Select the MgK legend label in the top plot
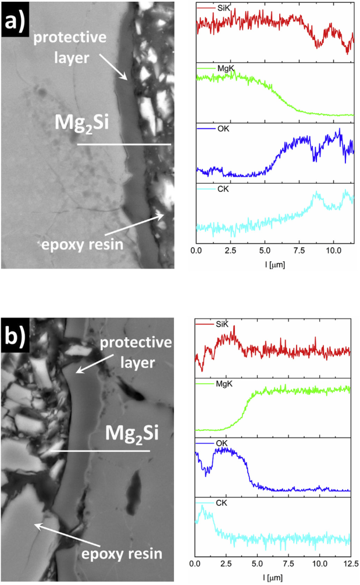[x=225, y=69]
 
